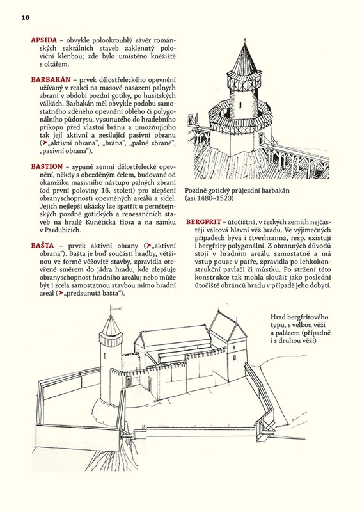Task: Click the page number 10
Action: coord(26,18)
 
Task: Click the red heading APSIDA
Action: coord(44,40)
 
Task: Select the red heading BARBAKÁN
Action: coord(51,79)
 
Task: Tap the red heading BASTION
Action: coord(47,167)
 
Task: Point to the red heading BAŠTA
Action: coord(42,246)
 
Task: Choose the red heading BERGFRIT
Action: coord(203,221)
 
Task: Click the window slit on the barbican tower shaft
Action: coord(240,106)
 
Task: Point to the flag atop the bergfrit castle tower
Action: coord(116,308)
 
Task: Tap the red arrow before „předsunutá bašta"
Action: coord(60,293)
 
